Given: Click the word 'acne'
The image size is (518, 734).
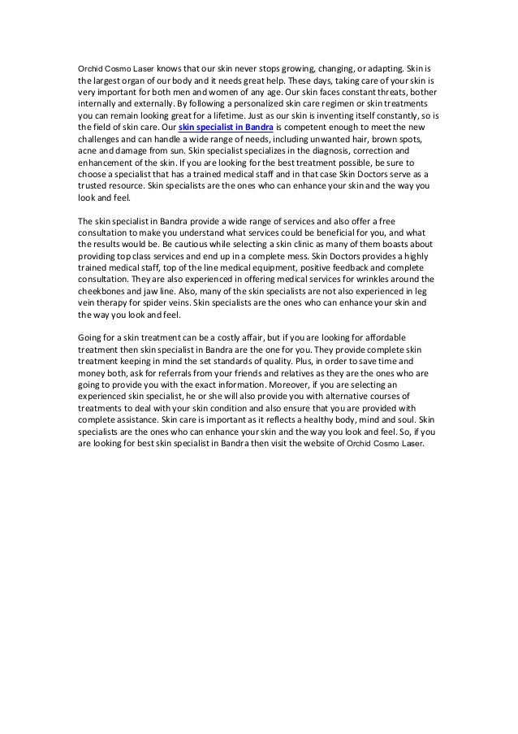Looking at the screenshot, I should [x=87, y=151].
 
